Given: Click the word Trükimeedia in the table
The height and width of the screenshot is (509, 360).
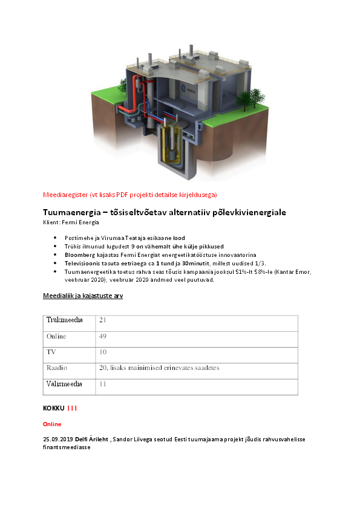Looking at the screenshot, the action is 65,320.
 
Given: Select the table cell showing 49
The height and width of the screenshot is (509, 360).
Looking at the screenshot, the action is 103,336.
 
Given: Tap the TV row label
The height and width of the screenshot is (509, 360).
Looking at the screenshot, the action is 51,352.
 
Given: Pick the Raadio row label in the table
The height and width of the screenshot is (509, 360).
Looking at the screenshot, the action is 56,368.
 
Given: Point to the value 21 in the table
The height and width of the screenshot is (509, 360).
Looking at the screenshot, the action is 103,320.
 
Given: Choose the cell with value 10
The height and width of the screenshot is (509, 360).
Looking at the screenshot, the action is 103,352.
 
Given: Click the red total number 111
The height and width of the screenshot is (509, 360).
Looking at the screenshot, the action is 73,409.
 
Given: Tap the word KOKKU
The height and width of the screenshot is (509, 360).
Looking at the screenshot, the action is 53,409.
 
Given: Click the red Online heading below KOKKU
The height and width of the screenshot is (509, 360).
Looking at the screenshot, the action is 51,424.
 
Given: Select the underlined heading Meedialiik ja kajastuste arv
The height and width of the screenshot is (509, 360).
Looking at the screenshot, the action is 83,296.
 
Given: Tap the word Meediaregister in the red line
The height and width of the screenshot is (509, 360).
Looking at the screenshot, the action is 65,195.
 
